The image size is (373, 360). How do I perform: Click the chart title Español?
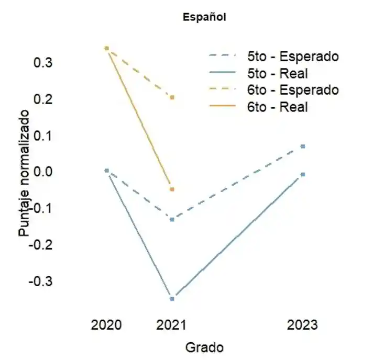[204, 17]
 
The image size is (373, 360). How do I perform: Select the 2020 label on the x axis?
[106, 325]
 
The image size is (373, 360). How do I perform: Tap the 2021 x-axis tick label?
[172, 325]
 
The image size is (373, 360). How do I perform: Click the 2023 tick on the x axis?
[302, 325]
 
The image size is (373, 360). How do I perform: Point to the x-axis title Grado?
[204, 347]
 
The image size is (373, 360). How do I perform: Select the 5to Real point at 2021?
[172, 298]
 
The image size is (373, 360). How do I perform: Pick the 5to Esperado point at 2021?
[172, 219]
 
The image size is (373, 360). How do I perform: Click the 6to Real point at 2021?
[172, 189]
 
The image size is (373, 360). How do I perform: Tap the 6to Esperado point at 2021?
[172, 97]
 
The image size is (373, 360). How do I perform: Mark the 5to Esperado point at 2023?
[303, 146]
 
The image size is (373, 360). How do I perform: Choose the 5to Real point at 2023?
[303, 174]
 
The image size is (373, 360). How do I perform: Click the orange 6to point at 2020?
[106, 48]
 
